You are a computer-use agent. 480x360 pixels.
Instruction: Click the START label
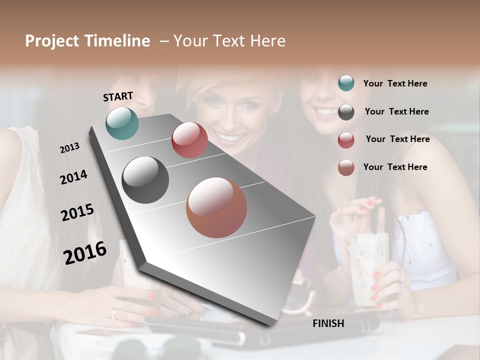[118, 96]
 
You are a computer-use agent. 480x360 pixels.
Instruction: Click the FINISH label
[328, 323]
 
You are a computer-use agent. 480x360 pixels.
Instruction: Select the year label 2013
[69, 147]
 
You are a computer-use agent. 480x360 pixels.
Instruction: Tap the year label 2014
[73, 177]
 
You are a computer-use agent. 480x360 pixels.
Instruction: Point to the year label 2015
[77, 212]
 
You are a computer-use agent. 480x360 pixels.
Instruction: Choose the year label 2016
[85, 252]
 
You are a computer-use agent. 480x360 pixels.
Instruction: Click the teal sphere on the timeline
[122, 123]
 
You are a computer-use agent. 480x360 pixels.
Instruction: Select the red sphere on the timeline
[189, 140]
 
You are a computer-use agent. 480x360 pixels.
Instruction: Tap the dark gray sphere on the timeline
[145, 180]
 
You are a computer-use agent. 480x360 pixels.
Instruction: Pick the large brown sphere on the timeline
[216, 207]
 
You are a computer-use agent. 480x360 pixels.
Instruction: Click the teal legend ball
[346, 83]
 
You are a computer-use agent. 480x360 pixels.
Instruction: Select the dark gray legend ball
[346, 112]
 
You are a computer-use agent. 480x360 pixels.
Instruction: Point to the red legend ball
[346, 140]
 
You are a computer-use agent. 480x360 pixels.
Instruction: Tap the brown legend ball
[346, 167]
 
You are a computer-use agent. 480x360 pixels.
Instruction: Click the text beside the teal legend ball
[395, 83]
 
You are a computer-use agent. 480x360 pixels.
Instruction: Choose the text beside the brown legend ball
[395, 167]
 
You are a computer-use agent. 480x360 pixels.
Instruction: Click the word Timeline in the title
[117, 41]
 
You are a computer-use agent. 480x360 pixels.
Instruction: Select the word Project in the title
[52, 41]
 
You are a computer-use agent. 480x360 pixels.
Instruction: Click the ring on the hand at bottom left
[113, 314]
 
